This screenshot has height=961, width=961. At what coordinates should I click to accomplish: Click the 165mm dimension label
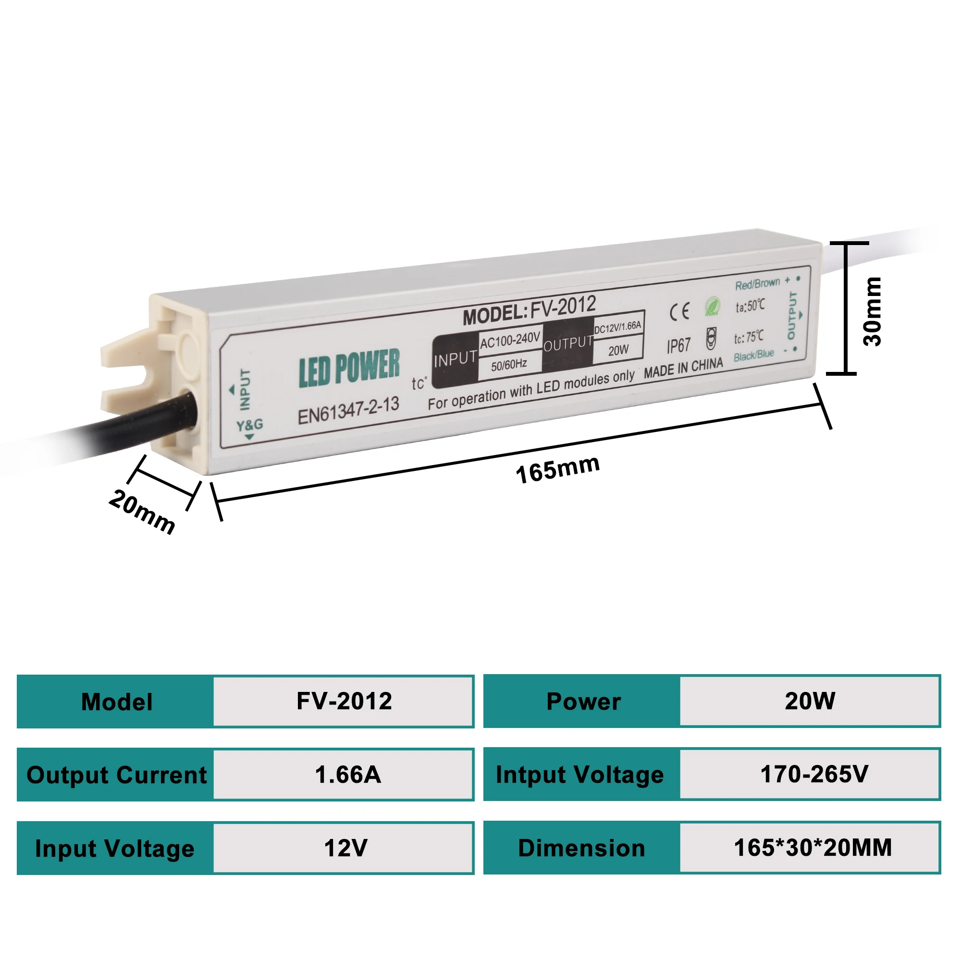point(557,468)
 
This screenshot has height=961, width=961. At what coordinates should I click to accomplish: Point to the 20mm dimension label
point(142,511)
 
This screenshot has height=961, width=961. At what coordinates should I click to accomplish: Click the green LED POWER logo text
point(349,368)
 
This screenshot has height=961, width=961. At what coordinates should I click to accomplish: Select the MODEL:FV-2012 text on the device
point(529,309)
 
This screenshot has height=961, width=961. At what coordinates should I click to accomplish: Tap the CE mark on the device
point(679,311)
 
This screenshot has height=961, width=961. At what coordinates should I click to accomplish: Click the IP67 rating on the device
point(678,345)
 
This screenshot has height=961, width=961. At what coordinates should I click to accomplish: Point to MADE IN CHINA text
point(683,368)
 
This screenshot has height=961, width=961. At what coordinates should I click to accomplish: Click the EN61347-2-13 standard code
point(348,411)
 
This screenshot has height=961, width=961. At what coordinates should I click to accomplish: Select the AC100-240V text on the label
point(510,340)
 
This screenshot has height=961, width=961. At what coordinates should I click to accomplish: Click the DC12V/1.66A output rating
point(618,327)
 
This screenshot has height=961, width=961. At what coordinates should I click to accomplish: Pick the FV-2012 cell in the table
point(344,702)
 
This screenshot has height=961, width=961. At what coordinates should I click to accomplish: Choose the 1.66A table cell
point(348,775)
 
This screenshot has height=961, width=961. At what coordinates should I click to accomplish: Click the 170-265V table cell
point(814,774)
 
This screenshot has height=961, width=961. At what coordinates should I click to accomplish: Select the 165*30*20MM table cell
point(813,848)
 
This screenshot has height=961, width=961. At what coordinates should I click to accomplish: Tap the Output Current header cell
point(116,775)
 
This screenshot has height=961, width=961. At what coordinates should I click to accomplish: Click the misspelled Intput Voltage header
point(580,775)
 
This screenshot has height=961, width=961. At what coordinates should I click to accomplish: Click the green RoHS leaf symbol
point(712,306)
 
